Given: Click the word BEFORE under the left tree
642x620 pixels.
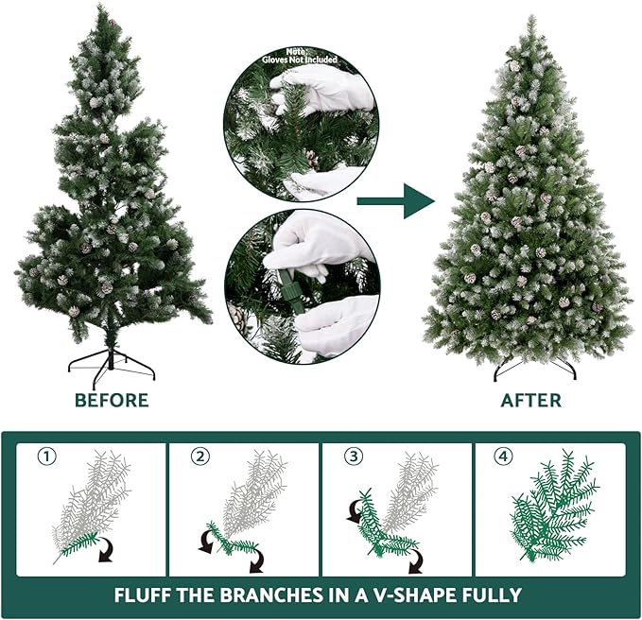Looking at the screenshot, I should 112,400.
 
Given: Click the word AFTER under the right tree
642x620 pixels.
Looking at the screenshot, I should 529,400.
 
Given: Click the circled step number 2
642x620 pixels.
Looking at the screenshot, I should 199,456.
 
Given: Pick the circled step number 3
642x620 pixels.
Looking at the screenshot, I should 353,456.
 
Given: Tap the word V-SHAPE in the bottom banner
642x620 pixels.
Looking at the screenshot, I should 411,595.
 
